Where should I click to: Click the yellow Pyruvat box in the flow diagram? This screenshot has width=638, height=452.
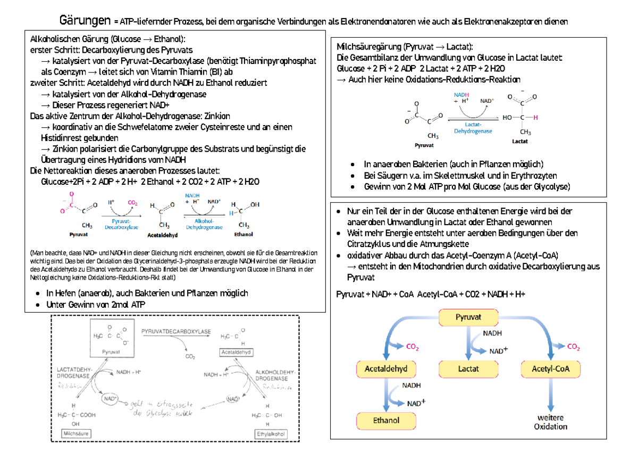click(x=468, y=318)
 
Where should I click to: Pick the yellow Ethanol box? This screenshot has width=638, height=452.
click(x=386, y=421)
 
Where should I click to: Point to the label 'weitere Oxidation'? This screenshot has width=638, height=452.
click(x=550, y=422)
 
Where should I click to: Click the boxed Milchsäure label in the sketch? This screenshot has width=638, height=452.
click(x=76, y=433)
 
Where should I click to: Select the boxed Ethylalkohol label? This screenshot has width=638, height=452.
click(x=271, y=434)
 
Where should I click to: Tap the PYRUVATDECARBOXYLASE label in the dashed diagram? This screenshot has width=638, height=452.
click(x=175, y=332)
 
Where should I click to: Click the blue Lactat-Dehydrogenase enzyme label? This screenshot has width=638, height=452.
click(x=473, y=127)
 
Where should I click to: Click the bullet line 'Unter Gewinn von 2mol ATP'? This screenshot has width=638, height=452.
click(x=96, y=305)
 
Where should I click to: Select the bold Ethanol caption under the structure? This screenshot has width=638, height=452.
click(x=243, y=234)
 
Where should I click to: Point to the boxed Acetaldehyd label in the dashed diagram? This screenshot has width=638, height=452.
click(x=237, y=352)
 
